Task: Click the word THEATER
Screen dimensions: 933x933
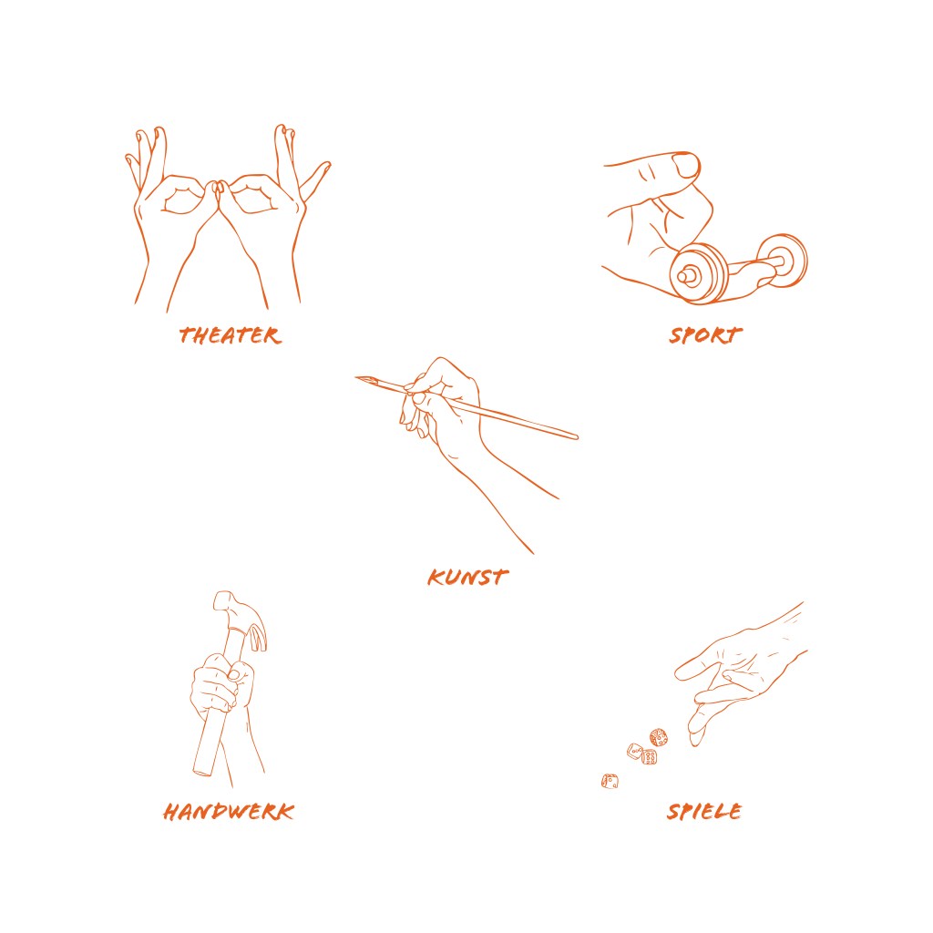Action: (x=230, y=335)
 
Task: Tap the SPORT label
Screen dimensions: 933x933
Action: (x=706, y=335)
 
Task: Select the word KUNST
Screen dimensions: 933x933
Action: (x=467, y=577)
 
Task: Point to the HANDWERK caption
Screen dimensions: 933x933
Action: (x=229, y=812)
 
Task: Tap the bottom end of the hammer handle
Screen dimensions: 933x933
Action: (x=202, y=773)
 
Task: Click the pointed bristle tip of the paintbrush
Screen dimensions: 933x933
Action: (x=357, y=377)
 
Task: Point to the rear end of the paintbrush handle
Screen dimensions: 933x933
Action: (x=575, y=436)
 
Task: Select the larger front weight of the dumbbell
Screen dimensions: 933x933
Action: (x=699, y=273)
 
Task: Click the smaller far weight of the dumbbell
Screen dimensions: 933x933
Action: (x=784, y=261)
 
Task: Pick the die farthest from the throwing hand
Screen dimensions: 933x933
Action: (x=610, y=781)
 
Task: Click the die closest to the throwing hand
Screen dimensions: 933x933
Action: (x=658, y=738)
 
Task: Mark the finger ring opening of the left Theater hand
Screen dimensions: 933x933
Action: (x=182, y=199)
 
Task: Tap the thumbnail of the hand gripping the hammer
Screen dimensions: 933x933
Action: (x=234, y=673)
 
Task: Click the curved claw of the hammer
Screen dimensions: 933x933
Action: (x=258, y=635)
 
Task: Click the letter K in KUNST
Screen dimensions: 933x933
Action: (x=436, y=577)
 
